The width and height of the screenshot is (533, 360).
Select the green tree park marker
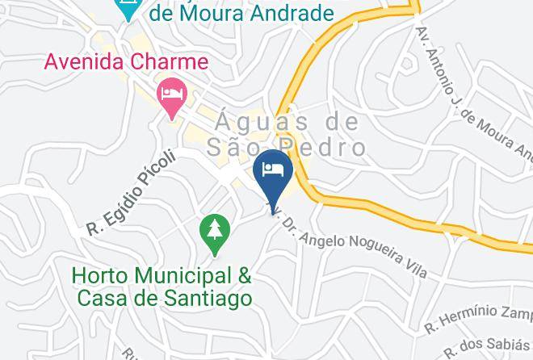(x=214, y=234)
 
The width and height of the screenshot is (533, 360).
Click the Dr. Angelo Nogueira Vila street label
(x=355, y=243)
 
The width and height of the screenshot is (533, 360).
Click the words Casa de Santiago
(x=165, y=297)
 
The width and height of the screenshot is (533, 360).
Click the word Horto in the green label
(x=97, y=275)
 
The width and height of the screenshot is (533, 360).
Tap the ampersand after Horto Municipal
(x=243, y=275)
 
